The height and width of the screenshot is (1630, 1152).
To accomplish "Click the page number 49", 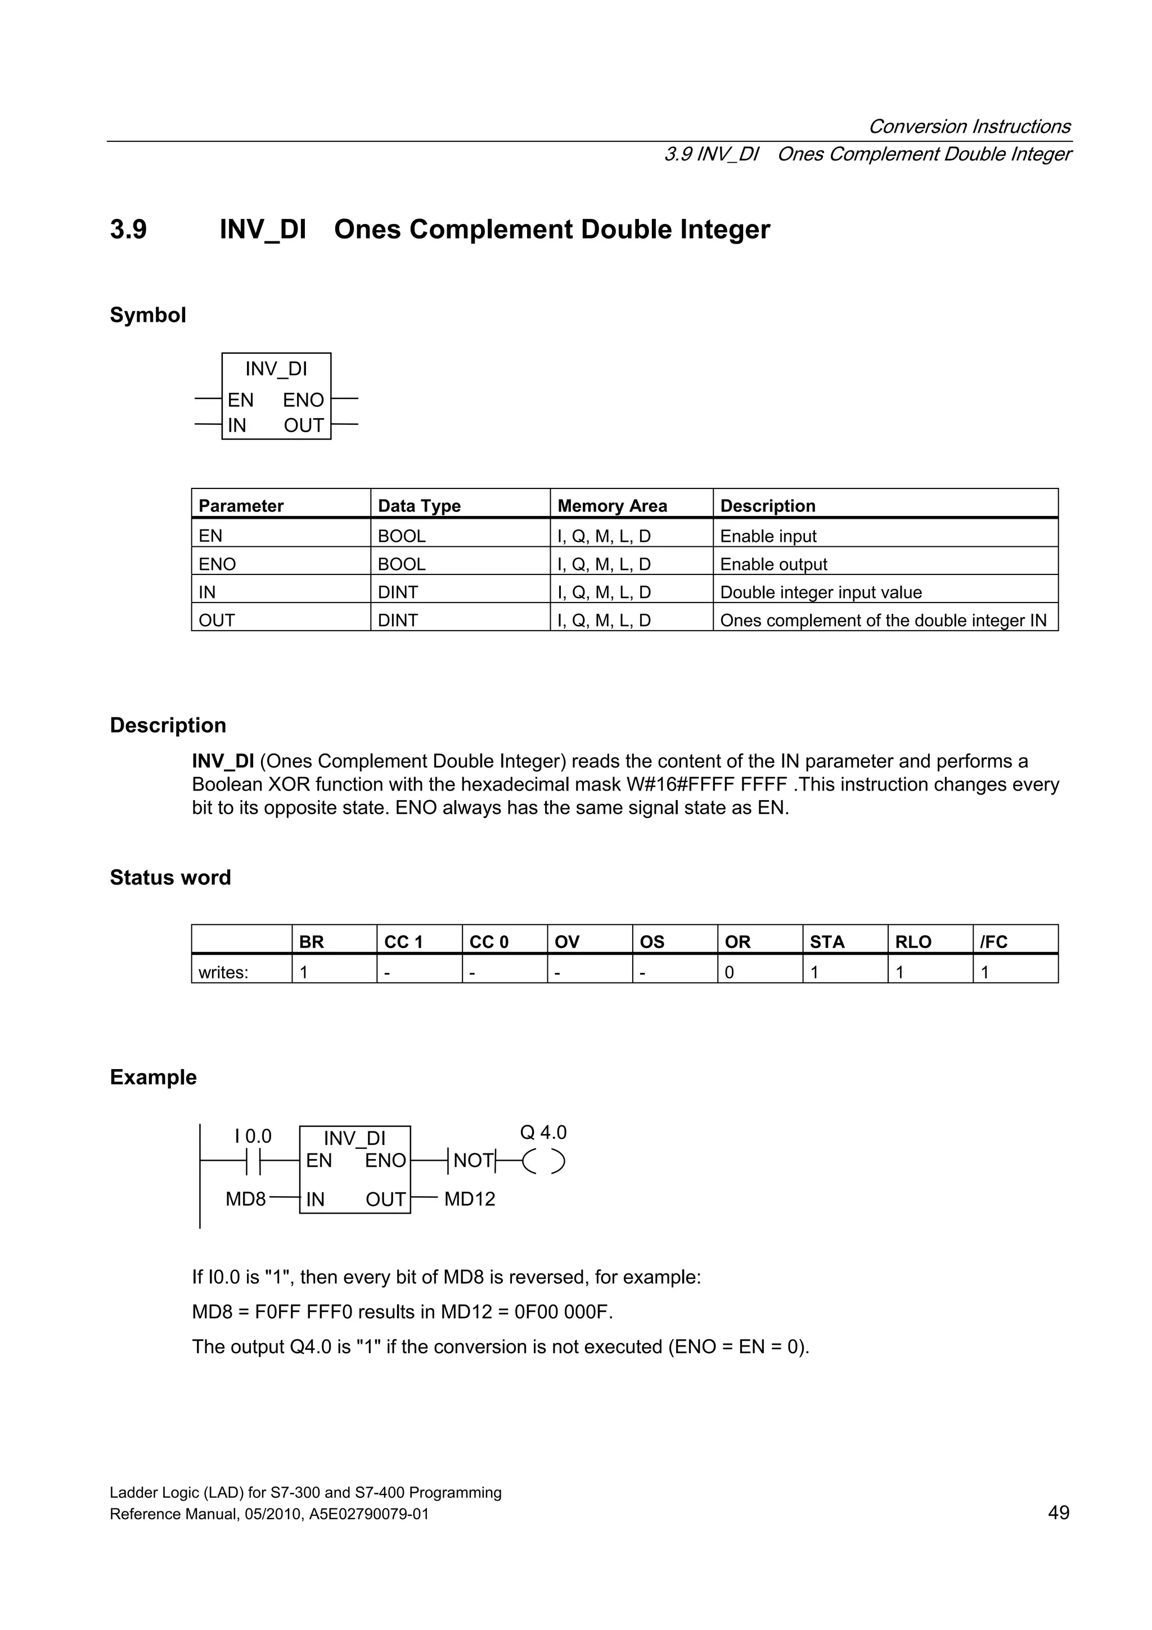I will click(1057, 1513).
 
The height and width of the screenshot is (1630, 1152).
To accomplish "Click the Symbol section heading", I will click(147, 315).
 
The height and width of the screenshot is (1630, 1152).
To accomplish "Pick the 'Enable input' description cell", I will click(768, 536).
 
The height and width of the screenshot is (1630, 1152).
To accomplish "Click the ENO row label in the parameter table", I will click(217, 564).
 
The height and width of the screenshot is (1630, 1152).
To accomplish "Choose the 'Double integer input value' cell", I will click(821, 592).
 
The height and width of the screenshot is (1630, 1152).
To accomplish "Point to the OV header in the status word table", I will click(567, 941).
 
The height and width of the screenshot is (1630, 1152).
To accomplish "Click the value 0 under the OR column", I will click(729, 972).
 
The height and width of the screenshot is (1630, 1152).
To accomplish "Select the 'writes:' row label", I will click(223, 972).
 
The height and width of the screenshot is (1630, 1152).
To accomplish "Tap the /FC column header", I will click(994, 941).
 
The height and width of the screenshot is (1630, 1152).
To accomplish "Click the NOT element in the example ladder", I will click(472, 1160).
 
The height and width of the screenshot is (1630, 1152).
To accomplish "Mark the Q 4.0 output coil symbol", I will click(543, 1161).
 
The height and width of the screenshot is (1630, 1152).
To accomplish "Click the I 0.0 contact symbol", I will click(253, 1161).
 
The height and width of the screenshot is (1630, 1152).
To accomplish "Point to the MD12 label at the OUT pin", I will click(469, 1199).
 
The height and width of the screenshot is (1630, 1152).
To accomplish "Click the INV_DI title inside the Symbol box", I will click(276, 369).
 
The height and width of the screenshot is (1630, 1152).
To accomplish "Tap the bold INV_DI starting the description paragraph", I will click(223, 761).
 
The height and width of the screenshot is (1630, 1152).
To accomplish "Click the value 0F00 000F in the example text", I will click(562, 1312).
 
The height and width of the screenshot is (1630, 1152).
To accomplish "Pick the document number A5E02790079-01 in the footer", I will click(368, 1514).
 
